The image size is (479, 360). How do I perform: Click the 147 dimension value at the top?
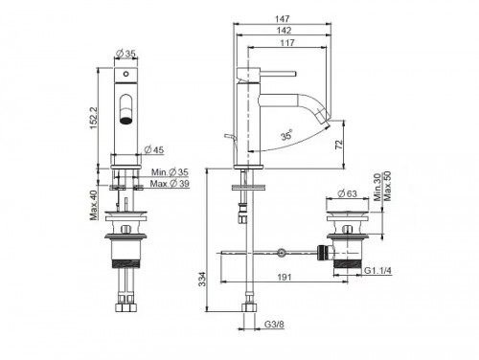coord(283,18)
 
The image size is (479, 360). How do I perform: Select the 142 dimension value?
coord(284,31)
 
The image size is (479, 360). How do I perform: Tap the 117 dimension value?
coord(287,43)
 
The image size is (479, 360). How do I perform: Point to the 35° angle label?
coord(286,135)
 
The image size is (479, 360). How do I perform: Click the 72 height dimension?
coord(339,144)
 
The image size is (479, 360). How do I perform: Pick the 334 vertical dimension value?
coord(203,279)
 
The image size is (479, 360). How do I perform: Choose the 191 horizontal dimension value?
coord(284,277)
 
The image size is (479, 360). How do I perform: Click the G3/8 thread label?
coord(274,325)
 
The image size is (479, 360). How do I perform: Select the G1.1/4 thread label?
coord(378,270)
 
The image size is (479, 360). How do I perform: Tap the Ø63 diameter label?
coord(347,193)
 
